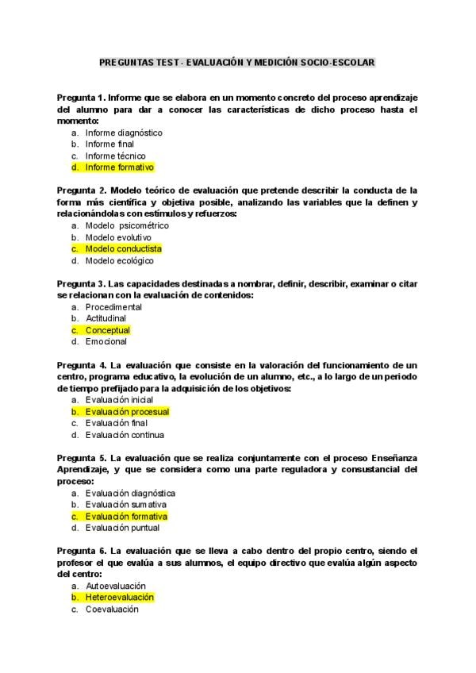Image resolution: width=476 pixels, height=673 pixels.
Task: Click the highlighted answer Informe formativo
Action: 119,167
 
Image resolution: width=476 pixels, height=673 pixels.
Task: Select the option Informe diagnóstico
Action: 124,133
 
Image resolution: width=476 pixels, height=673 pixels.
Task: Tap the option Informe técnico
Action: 116,156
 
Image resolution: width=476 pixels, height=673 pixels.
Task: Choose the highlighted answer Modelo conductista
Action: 123,248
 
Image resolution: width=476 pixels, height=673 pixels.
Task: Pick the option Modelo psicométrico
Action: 127,225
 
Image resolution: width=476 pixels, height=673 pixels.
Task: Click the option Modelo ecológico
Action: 120,260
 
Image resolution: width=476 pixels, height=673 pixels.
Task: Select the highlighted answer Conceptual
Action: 107,330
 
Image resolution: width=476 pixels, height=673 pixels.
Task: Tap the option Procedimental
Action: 114,306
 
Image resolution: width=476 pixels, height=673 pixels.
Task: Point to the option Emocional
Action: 106,341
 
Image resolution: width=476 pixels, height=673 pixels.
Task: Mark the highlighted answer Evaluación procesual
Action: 127,412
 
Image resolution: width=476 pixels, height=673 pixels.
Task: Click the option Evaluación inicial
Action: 120,400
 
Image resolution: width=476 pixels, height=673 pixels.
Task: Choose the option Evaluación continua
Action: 125,435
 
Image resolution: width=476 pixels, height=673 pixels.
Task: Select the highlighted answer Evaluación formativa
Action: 126,516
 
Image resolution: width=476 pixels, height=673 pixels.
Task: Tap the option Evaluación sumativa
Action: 126,505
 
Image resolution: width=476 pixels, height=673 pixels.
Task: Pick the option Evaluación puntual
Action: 122,528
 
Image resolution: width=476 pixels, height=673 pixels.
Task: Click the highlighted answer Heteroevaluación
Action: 120,598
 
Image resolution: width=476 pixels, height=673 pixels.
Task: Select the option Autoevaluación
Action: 116,586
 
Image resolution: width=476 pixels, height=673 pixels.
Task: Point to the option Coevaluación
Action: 112,610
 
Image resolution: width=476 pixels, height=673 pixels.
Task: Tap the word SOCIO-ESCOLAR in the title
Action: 341,61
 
